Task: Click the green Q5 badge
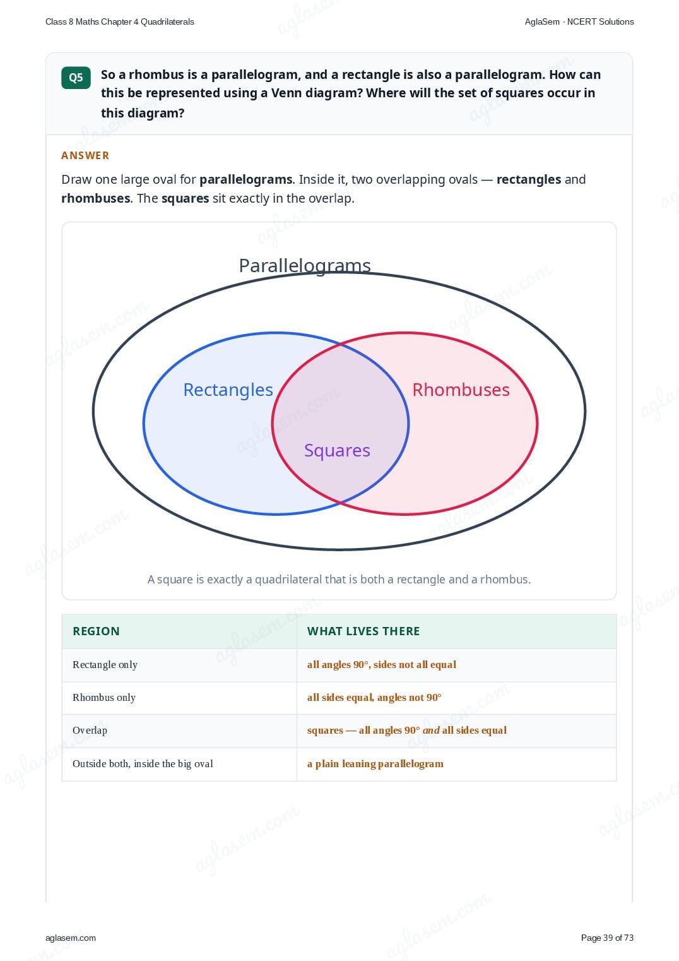pos(76,78)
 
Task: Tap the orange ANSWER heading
pos(85,155)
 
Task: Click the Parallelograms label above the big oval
pos(305,266)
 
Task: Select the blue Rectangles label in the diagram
pos(228,390)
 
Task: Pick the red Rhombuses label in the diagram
pos(461,390)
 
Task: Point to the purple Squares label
pos(337,451)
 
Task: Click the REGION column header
pos(96,631)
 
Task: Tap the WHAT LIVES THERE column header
pos(363,631)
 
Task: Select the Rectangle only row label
pos(105,664)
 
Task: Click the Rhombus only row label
pos(104,698)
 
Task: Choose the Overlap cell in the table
pos(90,730)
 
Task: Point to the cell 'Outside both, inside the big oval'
pos(143,763)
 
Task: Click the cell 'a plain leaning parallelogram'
pos(375,763)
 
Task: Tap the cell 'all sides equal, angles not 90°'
pos(374,698)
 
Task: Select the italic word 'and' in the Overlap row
pos(431,730)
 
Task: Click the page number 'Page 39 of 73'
pos(607,938)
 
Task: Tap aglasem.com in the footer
pos(71,938)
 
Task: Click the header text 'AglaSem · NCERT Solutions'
pos(579,22)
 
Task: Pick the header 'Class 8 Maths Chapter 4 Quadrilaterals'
pos(120,22)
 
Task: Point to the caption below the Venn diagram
pos(339,580)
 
